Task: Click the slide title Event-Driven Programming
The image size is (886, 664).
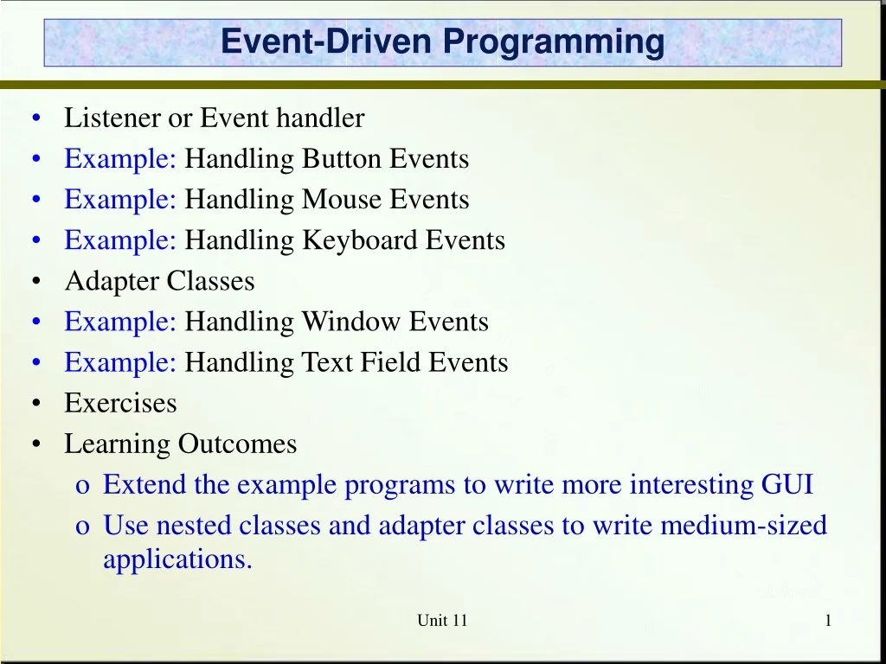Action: click(x=442, y=41)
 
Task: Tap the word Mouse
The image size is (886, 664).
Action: click(x=342, y=200)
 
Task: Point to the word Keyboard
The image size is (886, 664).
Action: click(x=359, y=240)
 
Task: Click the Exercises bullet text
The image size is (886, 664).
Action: click(x=120, y=403)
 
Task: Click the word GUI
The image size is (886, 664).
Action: click(x=786, y=484)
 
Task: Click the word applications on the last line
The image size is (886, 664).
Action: click(x=177, y=559)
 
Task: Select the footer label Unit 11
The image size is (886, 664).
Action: click(x=442, y=620)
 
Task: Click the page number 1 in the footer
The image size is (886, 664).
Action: click(x=828, y=620)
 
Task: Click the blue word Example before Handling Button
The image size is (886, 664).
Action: click(x=120, y=159)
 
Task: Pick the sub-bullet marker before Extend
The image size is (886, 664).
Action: click(x=82, y=486)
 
